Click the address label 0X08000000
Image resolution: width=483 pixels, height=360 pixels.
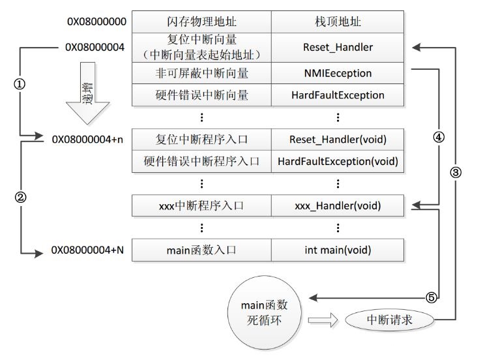point(96,22)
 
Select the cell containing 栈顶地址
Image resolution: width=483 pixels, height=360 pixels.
point(338,22)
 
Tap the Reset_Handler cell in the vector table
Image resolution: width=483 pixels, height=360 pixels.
point(338,47)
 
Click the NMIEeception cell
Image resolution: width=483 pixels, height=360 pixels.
point(338,73)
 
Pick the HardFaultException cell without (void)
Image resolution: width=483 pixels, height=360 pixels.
point(338,95)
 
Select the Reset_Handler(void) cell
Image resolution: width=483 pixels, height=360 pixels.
point(338,139)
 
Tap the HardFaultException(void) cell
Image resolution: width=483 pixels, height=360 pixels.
point(338,160)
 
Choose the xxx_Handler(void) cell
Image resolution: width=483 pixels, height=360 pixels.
point(338,206)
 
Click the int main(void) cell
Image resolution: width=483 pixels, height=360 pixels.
point(338,250)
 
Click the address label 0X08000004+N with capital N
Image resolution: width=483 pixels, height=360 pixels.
point(87,250)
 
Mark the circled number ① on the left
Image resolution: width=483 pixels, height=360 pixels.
point(20,85)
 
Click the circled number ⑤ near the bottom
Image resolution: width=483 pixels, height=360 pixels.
point(430,297)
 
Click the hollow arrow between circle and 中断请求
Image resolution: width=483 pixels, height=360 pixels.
point(323,320)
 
